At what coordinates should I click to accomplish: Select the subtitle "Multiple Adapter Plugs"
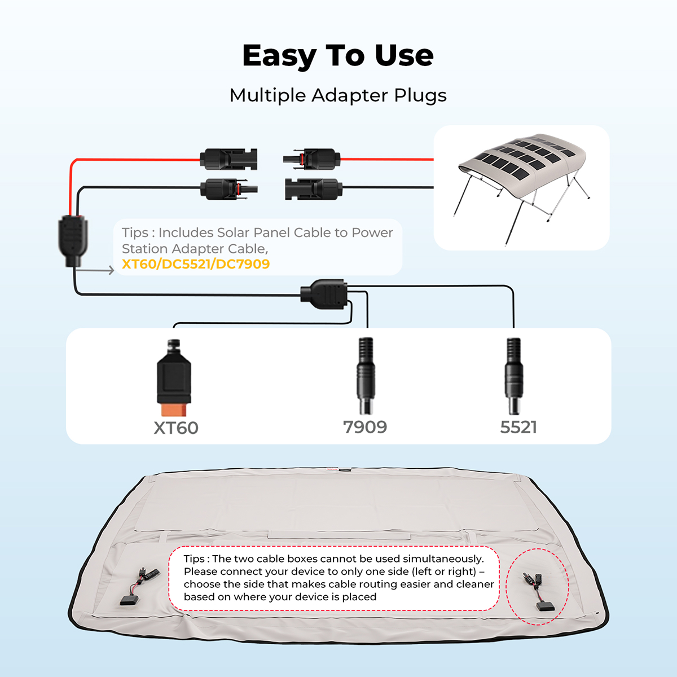point(338,95)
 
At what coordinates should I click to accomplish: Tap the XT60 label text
point(176,428)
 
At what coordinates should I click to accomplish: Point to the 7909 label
point(365,427)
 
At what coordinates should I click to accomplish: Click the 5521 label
point(518,427)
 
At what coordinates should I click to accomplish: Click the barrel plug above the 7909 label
point(366,376)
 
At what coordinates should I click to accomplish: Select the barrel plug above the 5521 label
point(513,376)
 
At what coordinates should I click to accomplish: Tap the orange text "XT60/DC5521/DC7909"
point(196,264)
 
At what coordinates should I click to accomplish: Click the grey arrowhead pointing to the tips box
point(111,270)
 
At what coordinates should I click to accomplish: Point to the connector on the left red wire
point(228,160)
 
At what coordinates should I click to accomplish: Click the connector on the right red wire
point(311,159)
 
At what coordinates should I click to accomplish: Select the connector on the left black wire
point(229,189)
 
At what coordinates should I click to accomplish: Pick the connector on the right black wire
point(314,188)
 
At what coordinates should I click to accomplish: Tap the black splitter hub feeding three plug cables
point(324,294)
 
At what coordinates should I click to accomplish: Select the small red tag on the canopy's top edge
point(332,469)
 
